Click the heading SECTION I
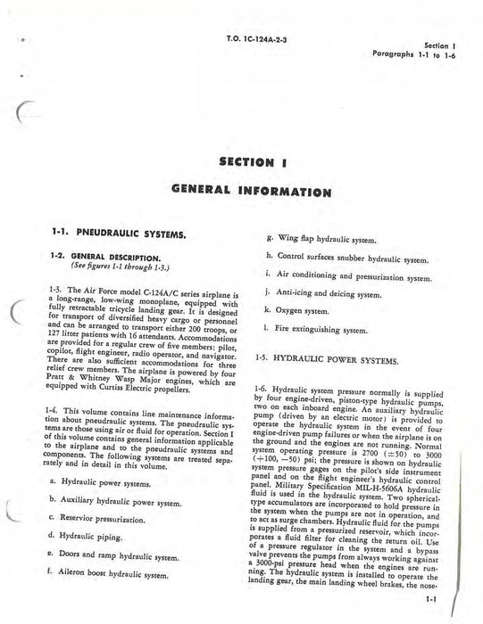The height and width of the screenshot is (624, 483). tap(242, 162)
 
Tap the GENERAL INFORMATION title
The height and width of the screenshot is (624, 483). tap(242, 192)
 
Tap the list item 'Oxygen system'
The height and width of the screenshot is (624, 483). tap(303, 310)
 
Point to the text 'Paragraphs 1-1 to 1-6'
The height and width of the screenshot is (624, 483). tap(420, 53)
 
